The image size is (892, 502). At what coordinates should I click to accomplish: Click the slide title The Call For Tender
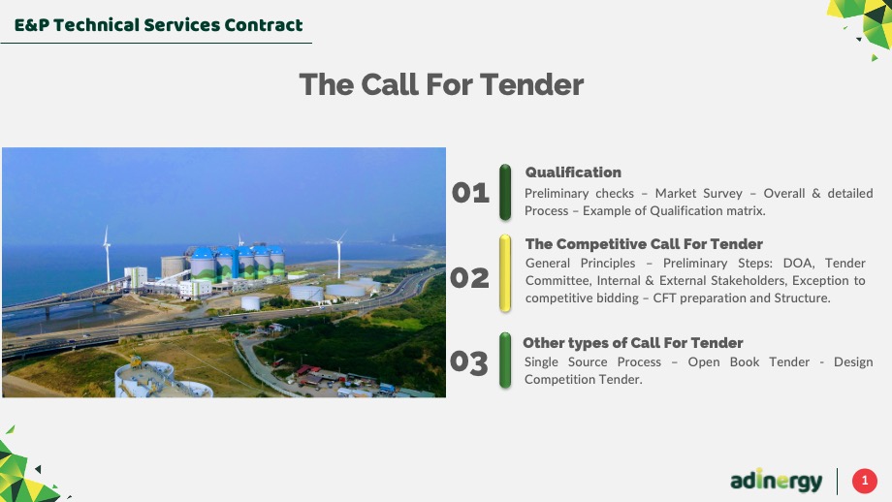[x=441, y=84]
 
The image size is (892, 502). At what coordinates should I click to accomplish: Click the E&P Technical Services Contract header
[x=158, y=25]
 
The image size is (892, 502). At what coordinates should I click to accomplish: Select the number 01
[x=470, y=193]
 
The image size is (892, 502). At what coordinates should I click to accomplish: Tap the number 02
[x=469, y=278]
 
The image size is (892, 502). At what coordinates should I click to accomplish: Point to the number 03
[x=468, y=362]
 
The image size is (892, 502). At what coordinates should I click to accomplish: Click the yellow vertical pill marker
[x=504, y=273]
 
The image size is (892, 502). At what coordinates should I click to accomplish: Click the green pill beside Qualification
[x=504, y=192]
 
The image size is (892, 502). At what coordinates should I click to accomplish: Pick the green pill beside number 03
[x=504, y=361]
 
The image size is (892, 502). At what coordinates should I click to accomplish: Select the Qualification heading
[x=573, y=173]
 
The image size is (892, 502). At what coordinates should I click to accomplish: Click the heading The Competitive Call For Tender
[x=644, y=244]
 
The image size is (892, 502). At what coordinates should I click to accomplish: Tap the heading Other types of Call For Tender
[x=632, y=343]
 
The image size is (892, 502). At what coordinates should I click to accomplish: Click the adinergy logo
[x=776, y=481]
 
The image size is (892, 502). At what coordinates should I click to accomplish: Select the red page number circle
[x=865, y=481]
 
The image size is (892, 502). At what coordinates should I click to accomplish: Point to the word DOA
[x=799, y=264]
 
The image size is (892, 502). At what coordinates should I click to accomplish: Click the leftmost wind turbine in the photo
[x=107, y=254]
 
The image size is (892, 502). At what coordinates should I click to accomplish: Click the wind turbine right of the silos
[x=338, y=255]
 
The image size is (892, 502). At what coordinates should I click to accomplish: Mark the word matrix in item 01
[x=747, y=211]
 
